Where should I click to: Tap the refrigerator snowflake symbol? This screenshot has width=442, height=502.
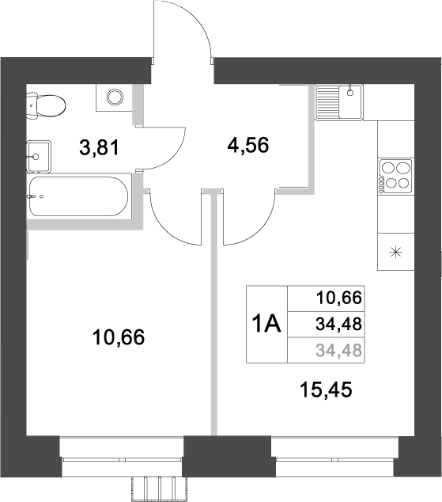pos(395,253)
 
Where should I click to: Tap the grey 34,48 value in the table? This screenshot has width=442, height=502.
pos(338,349)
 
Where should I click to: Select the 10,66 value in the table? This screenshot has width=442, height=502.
pos(338,298)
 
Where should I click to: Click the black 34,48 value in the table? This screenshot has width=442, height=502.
pos(338,323)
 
